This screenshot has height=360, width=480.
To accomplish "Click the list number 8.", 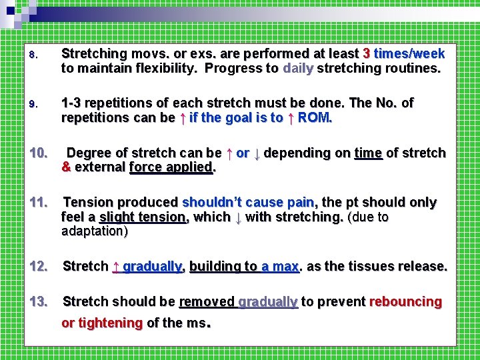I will tap(38, 54).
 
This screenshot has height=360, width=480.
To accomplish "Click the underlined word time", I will tap(368, 153).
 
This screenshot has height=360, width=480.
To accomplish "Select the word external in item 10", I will tap(100, 167).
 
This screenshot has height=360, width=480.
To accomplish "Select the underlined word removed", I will tap(207, 302).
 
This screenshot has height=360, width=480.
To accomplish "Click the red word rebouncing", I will tap(405, 302).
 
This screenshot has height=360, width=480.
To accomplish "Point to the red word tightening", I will tap(111, 323).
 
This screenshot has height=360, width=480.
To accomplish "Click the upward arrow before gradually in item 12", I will tap(116, 267).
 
